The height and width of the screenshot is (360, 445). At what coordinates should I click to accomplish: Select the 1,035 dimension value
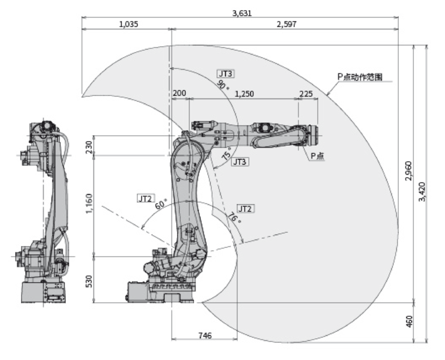click(129, 24)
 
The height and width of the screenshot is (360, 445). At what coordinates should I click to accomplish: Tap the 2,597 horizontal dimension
click(286, 24)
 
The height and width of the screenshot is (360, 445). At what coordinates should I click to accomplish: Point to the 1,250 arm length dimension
click(244, 94)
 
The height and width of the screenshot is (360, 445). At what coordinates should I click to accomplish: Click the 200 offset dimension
click(179, 94)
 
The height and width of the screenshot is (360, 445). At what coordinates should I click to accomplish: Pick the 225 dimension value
click(306, 94)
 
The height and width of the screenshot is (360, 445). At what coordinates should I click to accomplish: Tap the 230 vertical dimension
click(89, 146)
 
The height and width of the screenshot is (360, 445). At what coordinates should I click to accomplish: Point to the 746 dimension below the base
click(205, 337)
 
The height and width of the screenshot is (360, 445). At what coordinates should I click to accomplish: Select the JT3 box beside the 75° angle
click(239, 162)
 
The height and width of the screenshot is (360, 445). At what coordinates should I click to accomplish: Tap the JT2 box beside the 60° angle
click(145, 197)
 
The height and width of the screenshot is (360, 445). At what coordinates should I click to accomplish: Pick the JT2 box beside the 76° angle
click(245, 208)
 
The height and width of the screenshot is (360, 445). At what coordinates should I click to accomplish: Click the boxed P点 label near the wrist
click(317, 155)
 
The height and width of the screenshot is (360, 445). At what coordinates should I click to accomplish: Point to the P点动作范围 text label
click(359, 77)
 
